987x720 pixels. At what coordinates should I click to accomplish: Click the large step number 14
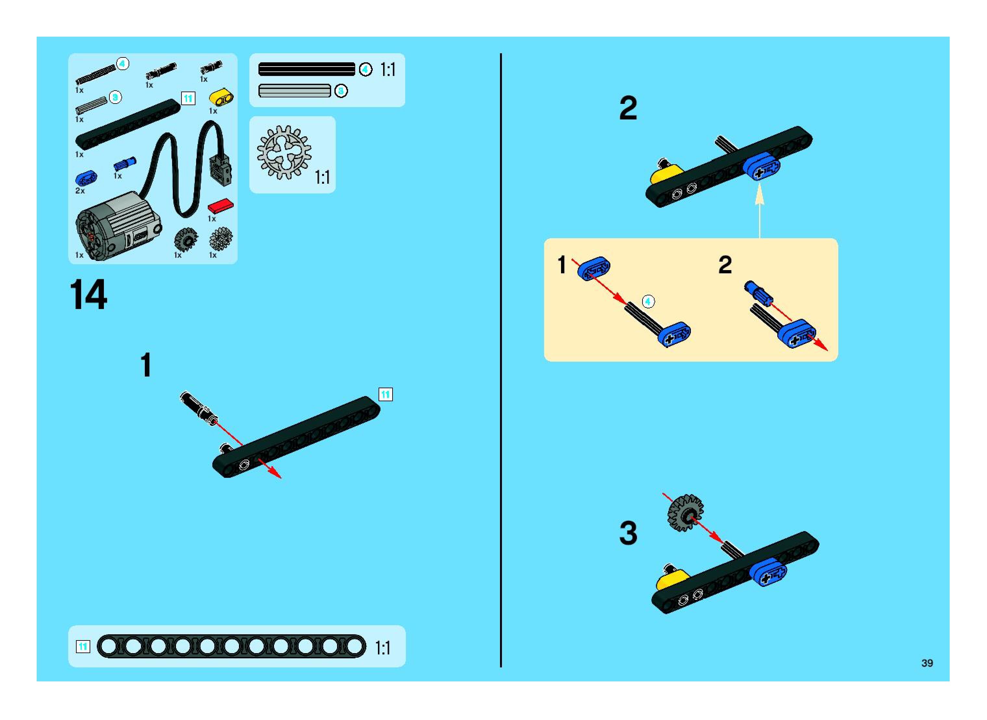coord(89,295)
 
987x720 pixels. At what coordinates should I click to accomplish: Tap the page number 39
coord(927,663)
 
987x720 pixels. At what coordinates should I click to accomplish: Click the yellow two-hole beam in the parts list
coord(221,98)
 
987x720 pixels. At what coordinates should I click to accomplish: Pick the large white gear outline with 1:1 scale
coord(284,153)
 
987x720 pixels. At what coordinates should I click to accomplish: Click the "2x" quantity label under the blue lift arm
coord(80,191)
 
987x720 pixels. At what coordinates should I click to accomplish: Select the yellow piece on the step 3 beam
coord(670,582)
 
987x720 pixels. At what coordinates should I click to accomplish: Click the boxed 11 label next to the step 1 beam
coord(385,394)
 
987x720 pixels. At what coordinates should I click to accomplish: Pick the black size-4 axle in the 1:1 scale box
coord(306,69)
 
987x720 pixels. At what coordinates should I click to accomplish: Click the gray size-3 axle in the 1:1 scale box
coord(295,91)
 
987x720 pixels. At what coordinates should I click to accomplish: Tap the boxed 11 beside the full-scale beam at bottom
coord(83,646)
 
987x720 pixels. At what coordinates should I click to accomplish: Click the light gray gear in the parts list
coord(221,239)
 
